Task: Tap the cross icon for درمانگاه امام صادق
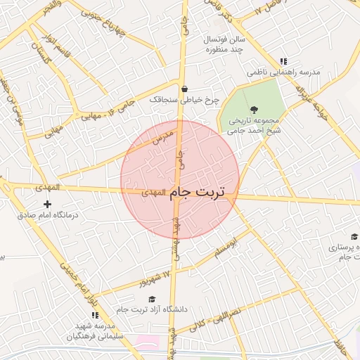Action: tap(47, 204)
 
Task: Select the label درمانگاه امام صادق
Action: tap(46, 216)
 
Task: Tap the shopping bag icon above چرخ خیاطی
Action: tap(184, 89)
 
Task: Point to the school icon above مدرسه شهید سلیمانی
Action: tap(94, 314)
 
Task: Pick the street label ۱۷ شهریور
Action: tap(155, 277)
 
